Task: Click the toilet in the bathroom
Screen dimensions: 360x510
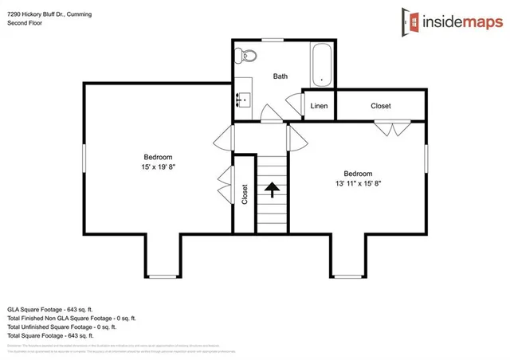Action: coord(248,57)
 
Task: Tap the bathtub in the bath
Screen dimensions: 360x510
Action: coord(322,65)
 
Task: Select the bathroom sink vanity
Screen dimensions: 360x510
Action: coord(242,100)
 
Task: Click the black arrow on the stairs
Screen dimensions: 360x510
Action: coord(272,190)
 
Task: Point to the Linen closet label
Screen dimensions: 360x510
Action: coord(319,106)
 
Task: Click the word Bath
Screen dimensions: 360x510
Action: coord(280,76)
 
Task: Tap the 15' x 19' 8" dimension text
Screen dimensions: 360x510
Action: coord(158,168)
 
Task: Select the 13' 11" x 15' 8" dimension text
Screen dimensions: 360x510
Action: coord(358,183)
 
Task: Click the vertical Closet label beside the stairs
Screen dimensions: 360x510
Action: coord(245,194)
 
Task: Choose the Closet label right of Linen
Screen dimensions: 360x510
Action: coord(381,106)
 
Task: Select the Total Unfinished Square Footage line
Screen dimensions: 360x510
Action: coord(61,327)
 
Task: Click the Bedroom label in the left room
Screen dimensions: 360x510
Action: coord(158,157)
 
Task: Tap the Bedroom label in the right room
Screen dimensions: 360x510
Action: coord(358,174)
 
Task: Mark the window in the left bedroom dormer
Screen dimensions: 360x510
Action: coord(163,276)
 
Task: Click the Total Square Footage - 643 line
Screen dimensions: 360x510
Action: coord(57,335)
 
